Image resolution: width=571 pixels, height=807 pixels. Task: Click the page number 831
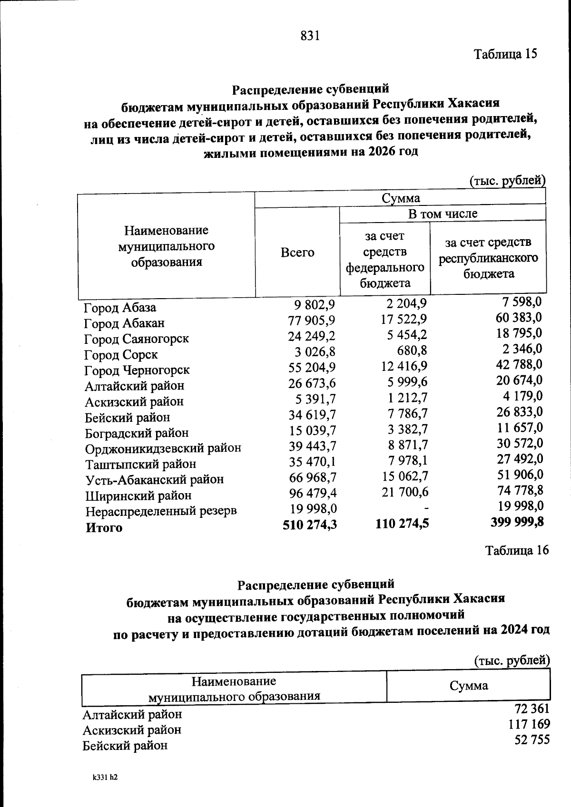310,36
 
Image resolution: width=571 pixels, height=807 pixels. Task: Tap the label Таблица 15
505,54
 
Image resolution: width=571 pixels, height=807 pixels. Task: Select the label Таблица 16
517,550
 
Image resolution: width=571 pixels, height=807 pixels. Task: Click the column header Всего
297,252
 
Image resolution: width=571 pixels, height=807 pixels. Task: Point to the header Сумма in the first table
401,198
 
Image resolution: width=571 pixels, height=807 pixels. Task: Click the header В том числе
443,214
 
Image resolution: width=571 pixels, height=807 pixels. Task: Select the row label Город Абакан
124,323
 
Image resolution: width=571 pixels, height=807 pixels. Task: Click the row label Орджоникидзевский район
163,448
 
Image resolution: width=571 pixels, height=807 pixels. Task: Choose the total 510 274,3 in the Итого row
309,524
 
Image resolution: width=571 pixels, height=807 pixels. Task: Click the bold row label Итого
104,527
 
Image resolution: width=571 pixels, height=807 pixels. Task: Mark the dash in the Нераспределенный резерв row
424,508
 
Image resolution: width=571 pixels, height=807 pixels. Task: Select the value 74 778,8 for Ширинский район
519,490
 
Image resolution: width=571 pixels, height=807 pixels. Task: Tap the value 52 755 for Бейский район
532,740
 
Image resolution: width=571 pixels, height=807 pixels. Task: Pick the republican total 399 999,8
517,522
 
